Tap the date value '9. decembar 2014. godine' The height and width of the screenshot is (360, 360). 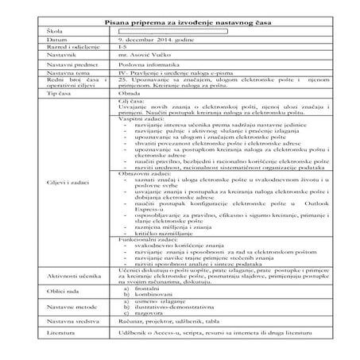click(x=155, y=38)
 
